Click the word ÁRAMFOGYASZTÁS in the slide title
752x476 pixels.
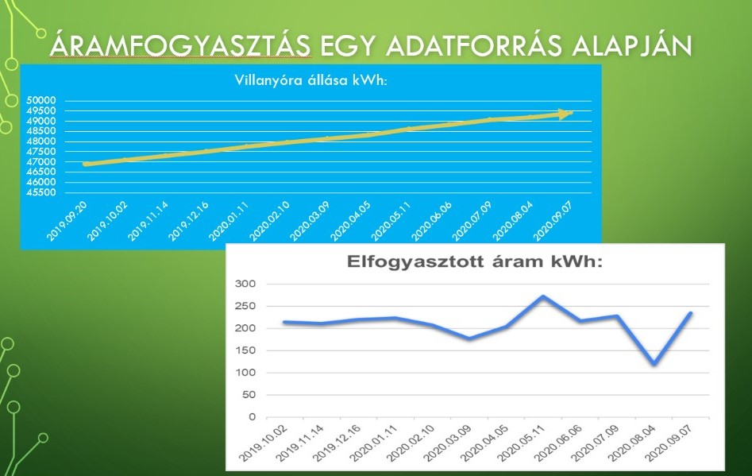(x=180, y=45)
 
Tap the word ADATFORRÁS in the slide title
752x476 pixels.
(x=473, y=46)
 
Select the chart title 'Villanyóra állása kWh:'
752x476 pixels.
(x=310, y=80)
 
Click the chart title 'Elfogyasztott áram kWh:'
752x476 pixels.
(x=474, y=262)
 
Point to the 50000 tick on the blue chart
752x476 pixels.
(x=41, y=100)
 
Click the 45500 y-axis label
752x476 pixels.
(x=41, y=192)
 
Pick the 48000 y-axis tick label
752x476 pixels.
(x=41, y=141)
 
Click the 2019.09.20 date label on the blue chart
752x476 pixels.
(x=67, y=221)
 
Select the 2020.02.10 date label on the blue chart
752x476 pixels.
(x=269, y=221)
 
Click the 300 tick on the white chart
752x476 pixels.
(x=245, y=284)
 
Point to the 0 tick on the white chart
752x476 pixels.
(x=253, y=417)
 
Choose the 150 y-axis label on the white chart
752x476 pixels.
(x=245, y=350)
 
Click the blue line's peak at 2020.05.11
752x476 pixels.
(x=542, y=296)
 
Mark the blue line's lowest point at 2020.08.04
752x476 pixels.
(x=654, y=364)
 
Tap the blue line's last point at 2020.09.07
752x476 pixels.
(x=691, y=313)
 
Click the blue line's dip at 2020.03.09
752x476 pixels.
(x=469, y=339)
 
